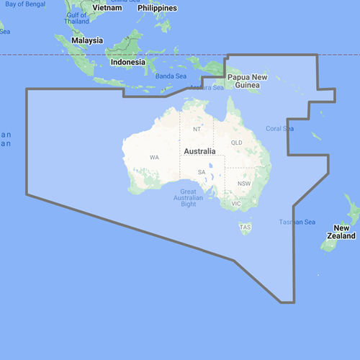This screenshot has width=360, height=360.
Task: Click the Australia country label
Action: [200, 152]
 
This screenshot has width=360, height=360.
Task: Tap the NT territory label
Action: [197, 130]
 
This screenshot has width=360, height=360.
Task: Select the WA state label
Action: [154, 157]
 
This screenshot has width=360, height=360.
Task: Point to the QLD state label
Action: [236, 143]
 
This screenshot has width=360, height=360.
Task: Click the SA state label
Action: [202, 173]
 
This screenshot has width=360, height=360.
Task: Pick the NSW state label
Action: [243, 183]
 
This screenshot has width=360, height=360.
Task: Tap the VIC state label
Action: [235, 204]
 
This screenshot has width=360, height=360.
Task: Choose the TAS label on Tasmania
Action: [246, 228]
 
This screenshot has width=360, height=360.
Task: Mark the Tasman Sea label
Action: [297, 222]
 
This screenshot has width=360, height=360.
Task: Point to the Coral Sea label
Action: [280, 129]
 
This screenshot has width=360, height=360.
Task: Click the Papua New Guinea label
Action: [248, 81]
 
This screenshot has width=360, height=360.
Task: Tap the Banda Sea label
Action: [171, 76]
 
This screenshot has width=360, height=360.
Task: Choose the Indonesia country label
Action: [130, 62]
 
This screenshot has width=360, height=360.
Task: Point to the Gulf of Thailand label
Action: [77, 18]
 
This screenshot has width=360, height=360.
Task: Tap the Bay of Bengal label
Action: [22, 4]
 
